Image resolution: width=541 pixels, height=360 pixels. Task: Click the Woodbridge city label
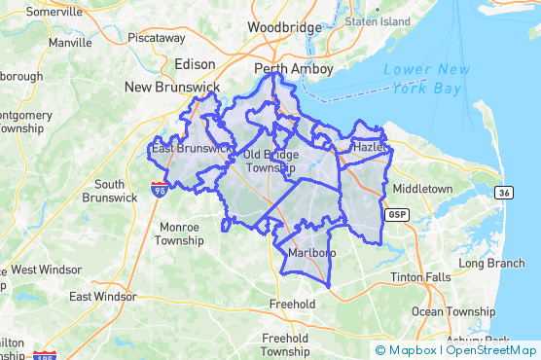pyautogui.click(x=284, y=27)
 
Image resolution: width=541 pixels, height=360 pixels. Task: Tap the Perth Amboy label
pyautogui.click(x=293, y=69)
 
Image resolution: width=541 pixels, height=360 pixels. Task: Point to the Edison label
pyautogui.click(x=194, y=63)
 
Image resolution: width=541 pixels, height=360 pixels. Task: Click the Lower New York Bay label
pyautogui.click(x=428, y=77)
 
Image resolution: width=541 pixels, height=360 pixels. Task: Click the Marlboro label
pyautogui.click(x=311, y=254)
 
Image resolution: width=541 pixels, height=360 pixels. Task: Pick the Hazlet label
pyautogui.click(x=370, y=147)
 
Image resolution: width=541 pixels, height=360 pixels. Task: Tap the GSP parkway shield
pyautogui.click(x=396, y=214)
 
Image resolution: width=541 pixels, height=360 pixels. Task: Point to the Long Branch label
pyautogui.click(x=491, y=263)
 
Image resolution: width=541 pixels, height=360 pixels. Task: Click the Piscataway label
pyautogui.click(x=156, y=37)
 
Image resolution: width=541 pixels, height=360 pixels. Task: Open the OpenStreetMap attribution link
pyautogui.click(x=491, y=349)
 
